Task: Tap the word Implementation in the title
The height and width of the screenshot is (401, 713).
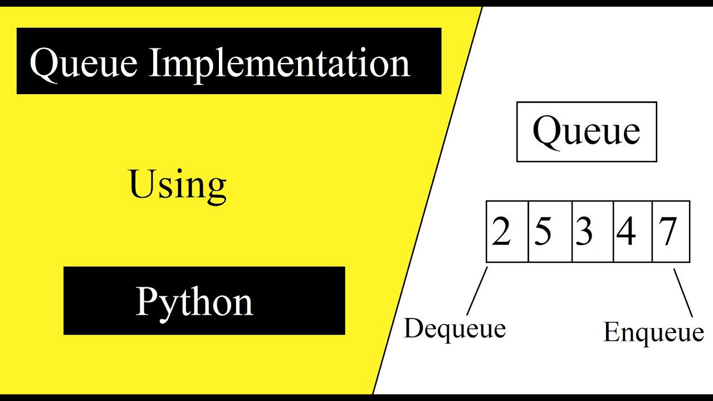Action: point(279,63)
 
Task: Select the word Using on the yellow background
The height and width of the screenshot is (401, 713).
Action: point(178,185)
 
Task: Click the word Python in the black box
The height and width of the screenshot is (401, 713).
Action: point(194,302)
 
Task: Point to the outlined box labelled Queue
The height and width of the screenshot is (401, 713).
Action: point(587,132)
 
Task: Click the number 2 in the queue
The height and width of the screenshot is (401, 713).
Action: point(501,231)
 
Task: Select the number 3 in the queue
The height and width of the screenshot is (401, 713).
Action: point(584,231)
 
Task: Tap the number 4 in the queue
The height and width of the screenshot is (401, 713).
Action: point(626,231)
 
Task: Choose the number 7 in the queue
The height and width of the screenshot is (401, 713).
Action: point(668,231)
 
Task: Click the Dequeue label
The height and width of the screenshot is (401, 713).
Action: point(455,328)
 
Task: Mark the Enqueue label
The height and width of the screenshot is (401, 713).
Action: point(653,332)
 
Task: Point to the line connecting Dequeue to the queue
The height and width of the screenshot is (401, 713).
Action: point(477,291)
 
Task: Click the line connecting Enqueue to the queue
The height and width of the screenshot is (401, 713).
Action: point(683,293)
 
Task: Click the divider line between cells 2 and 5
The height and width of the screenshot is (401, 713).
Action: point(528,232)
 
